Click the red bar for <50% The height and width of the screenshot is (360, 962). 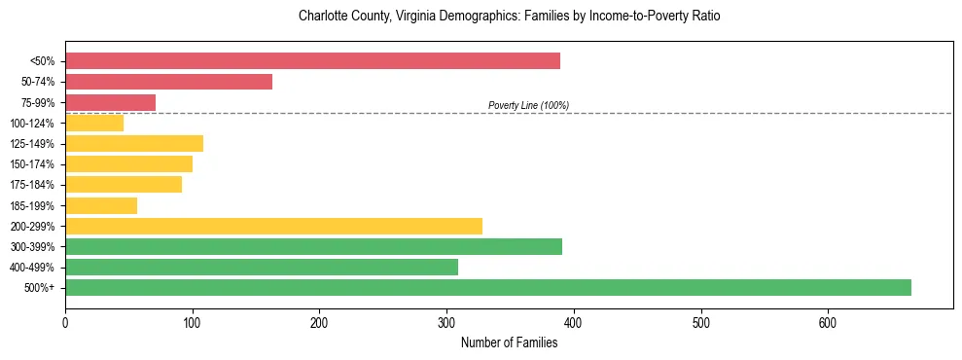312,61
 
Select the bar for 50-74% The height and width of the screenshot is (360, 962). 168,82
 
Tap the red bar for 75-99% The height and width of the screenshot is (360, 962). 110,102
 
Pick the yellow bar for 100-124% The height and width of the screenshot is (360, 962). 94,123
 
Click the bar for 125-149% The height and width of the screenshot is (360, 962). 134,144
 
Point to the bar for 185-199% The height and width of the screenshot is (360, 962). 101,205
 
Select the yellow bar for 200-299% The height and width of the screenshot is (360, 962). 273,226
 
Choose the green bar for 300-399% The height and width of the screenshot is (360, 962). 313,247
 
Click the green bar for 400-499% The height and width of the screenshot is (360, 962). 261,268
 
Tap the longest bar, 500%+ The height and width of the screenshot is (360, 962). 487,288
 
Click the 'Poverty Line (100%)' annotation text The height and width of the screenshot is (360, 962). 528,105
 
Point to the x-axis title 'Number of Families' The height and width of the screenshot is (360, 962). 509,342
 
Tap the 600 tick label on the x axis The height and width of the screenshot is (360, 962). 828,323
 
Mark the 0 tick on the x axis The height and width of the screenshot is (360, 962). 65,323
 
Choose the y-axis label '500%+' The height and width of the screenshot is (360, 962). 40,288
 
